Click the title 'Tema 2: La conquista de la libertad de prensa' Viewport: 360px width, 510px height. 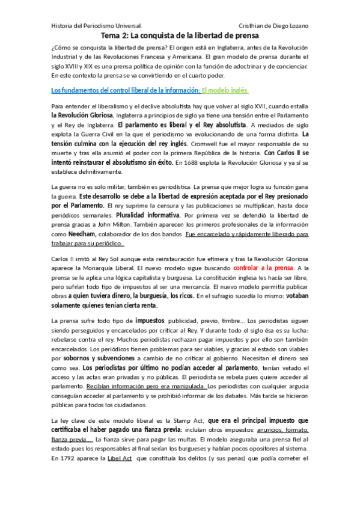pos(180,36)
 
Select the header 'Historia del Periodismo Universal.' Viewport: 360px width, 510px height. pos(96,26)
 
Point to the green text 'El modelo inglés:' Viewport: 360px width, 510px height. pos(225,90)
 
